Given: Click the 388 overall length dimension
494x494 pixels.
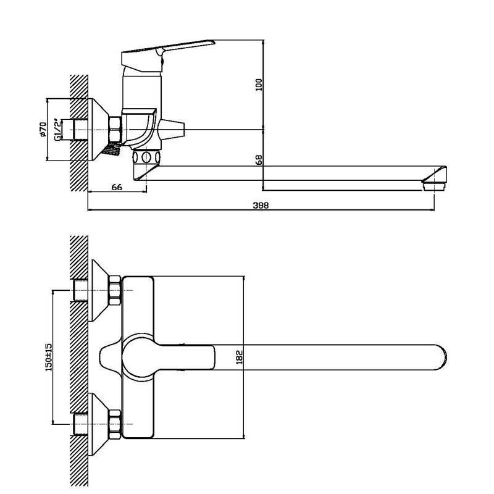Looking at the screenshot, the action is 261,206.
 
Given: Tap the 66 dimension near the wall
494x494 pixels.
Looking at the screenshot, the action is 117,187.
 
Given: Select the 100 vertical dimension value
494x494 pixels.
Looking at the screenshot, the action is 259,85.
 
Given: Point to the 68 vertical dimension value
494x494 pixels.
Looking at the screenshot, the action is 259,160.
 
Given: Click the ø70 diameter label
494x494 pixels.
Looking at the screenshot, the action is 43,130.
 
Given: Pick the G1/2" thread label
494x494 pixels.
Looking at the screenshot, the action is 57,129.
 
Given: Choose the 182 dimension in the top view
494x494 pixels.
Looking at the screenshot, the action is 240,358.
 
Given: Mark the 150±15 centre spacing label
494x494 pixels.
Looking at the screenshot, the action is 49,358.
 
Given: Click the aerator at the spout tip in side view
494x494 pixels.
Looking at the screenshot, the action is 434,186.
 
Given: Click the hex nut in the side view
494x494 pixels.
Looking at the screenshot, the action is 115,129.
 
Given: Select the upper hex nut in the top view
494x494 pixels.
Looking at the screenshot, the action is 115,290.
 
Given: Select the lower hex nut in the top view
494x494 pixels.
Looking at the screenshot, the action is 115,424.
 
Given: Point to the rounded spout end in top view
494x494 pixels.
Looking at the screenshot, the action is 441,358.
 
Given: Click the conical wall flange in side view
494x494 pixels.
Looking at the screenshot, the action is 98,130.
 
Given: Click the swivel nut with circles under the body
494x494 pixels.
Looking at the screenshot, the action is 146,157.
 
